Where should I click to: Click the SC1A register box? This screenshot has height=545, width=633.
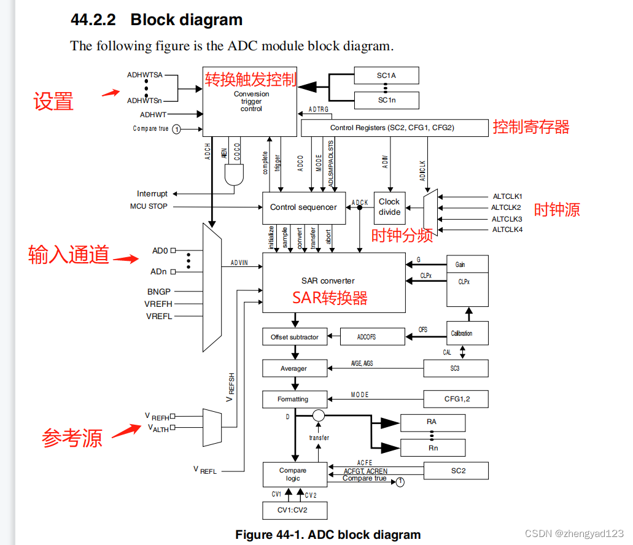click(x=386, y=75)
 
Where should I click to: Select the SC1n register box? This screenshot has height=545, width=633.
click(x=386, y=100)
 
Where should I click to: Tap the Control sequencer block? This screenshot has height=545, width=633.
click(x=303, y=207)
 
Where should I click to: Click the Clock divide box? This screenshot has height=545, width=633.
click(x=389, y=207)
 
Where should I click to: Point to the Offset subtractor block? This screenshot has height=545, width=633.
click(x=295, y=337)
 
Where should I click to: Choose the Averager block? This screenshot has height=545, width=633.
click(x=295, y=368)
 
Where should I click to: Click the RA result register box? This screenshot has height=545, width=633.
click(x=432, y=422)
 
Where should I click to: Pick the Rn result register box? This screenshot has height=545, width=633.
click(x=432, y=448)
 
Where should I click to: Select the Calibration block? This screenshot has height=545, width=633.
click(x=467, y=333)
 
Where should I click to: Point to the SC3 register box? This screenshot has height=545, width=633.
click(x=456, y=368)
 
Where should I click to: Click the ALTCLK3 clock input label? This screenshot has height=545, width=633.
click(x=507, y=219)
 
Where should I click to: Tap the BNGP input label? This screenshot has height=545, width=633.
click(x=158, y=292)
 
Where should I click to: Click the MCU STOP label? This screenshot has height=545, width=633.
click(x=149, y=206)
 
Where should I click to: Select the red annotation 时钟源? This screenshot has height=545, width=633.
click(x=556, y=210)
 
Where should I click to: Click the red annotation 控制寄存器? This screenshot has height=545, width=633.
click(x=531, y=127)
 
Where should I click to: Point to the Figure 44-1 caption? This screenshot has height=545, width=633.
click(x=328, y=535)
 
